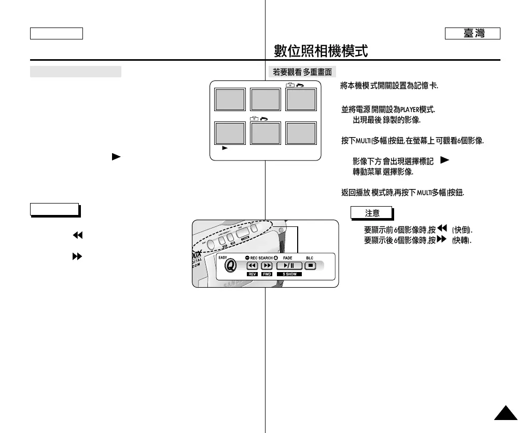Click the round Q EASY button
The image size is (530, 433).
[230, 265]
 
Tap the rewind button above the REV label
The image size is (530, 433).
[253, 266]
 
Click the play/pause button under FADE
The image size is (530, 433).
[289, 266]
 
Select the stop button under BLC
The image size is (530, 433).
[310, 266]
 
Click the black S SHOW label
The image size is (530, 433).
[289, 274]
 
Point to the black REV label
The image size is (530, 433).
[253, 274]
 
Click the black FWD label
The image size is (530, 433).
[267, 274]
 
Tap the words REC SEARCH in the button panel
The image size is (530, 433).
[261, 258]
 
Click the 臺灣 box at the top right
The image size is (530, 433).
[472, 34]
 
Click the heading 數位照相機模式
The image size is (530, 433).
[320, 51]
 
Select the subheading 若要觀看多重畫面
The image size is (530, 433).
[302, 72]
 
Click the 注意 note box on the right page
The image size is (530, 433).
[372, 213]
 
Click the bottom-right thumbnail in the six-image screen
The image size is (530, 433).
[301, 133]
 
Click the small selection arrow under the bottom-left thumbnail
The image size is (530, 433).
[225, 148]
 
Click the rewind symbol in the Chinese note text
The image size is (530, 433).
[442, 228]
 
